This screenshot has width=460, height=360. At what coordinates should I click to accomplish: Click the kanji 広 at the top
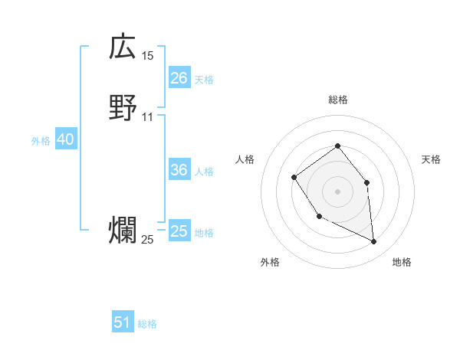123,48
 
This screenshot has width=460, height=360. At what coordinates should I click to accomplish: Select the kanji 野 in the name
123,110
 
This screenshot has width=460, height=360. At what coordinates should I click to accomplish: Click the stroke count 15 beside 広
147,56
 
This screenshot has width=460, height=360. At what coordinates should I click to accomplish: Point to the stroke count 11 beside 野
147,117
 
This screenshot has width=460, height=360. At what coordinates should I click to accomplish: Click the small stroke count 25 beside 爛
147,240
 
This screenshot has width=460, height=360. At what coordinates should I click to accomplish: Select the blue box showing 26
179,78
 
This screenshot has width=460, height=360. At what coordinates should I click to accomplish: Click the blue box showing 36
179,170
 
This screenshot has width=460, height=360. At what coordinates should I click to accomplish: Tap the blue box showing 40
65,139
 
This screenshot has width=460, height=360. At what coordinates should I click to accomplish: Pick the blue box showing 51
123,322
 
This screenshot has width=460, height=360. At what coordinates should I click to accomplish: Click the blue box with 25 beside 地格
179,231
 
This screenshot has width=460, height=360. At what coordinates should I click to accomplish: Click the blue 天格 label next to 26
204,80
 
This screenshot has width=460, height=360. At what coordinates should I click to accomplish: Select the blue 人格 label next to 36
204,172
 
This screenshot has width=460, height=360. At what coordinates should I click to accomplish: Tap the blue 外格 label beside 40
41,141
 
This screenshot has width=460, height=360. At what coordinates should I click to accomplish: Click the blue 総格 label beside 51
147,324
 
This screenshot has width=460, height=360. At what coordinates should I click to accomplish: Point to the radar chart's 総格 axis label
338,100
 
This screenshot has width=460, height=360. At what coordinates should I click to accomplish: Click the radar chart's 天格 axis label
431,159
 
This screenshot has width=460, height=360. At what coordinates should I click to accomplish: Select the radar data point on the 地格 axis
374,242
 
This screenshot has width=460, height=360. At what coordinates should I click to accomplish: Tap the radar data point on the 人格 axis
294,178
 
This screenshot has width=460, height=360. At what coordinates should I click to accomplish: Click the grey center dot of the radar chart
337,191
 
